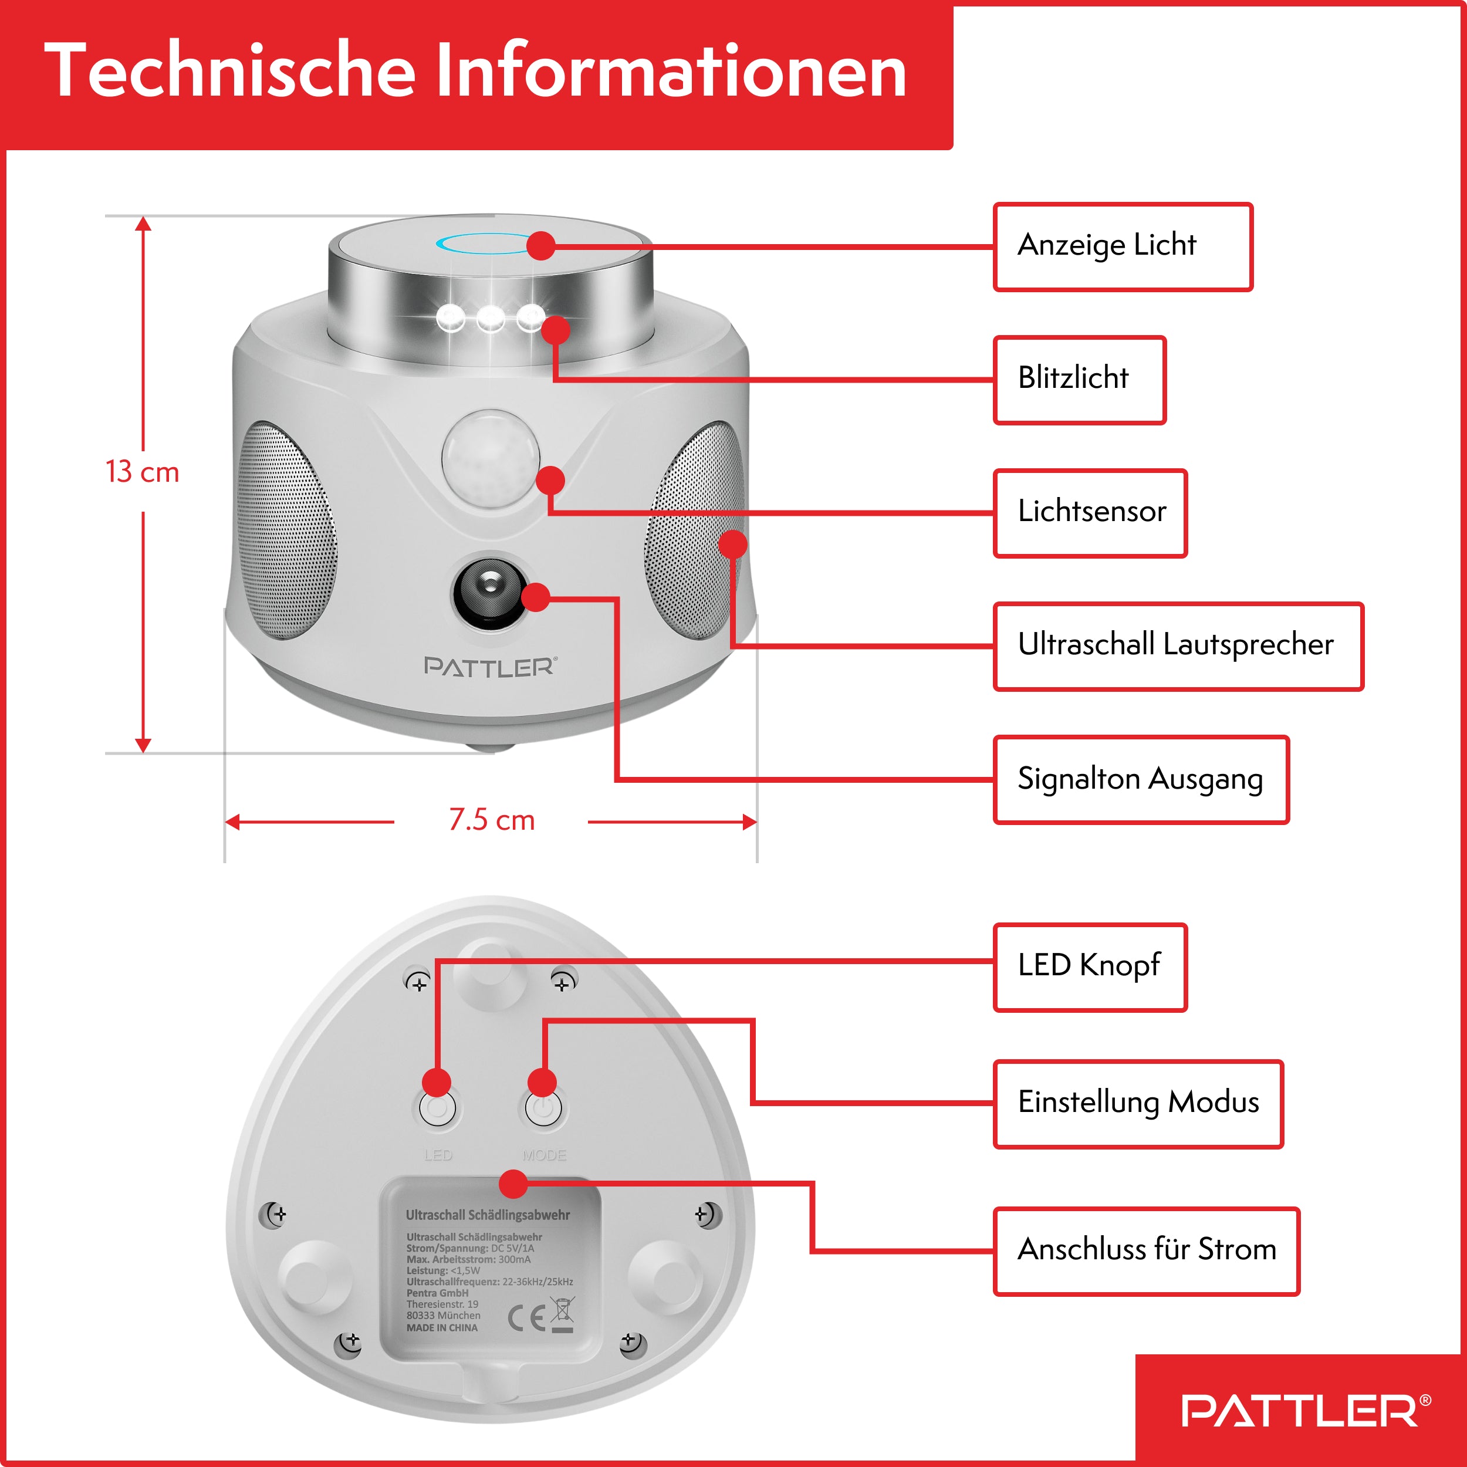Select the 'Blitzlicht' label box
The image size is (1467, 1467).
coord(1079,380)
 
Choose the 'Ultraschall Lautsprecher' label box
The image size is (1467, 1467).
coord(1178,646)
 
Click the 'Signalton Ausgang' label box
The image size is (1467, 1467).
coord(1141,780)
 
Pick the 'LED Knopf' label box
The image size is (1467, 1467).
coord(1090,966)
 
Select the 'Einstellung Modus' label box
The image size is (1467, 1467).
coord(1137,1103)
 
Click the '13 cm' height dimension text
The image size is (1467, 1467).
coord(142,472)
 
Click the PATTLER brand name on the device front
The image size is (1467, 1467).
coord(490,667)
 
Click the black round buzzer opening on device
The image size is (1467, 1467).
coord(490,594)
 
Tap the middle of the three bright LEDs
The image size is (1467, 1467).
coord(490,317)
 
